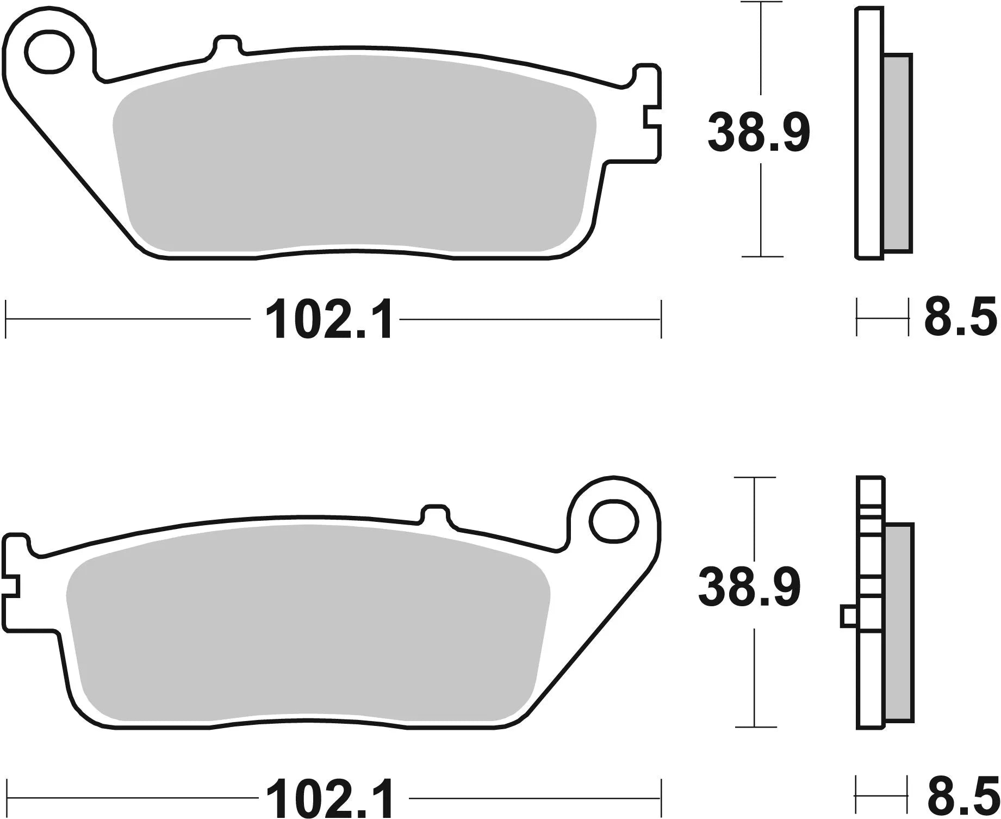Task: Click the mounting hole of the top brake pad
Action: [50, 53]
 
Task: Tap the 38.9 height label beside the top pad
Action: [758, 132]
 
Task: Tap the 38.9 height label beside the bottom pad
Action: [749, 588]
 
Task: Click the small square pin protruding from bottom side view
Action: [848, 616]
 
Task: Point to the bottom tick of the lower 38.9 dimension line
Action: [755, 726]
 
